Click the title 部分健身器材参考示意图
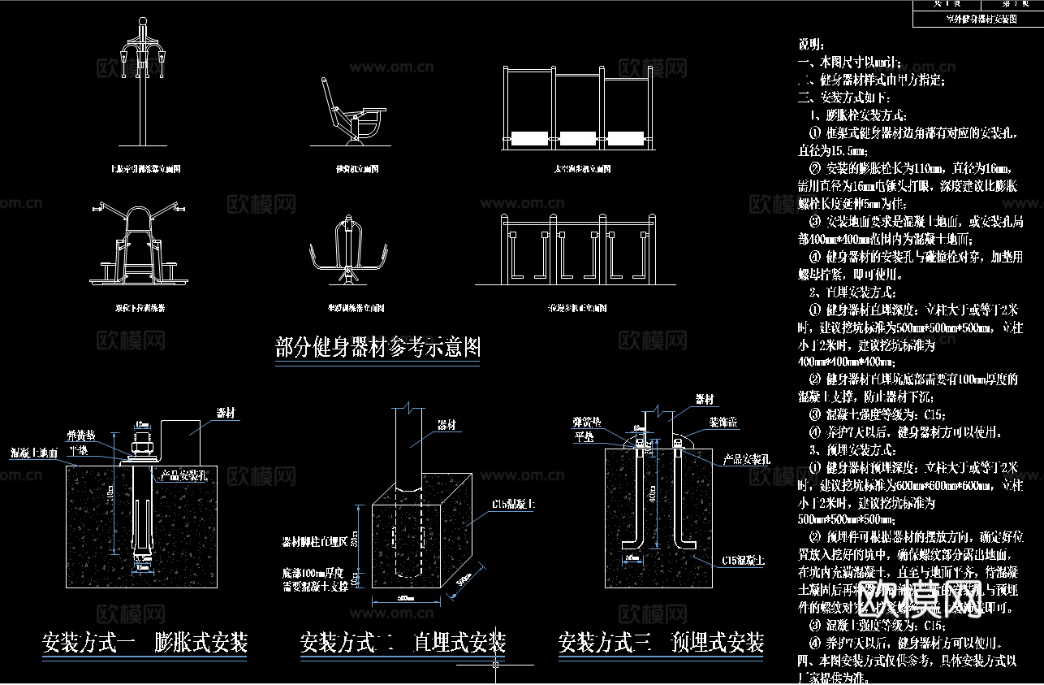377,348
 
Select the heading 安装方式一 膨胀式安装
145,643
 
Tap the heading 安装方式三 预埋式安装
660,643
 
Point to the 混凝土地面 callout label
34,452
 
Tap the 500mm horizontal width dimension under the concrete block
406,599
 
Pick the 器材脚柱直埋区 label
315,540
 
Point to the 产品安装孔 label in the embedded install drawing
745,460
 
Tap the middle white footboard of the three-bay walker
577,138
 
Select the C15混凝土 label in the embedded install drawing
742,560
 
